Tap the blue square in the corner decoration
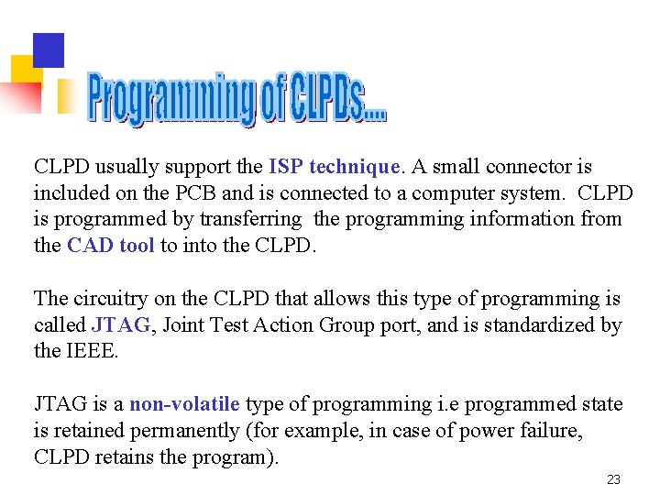(x=49, y=49)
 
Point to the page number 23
(x=614, y=479)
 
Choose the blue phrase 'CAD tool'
(x=111, y=246)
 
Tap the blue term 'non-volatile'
(x=184, y=404)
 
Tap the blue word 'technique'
(x=355, y=167)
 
